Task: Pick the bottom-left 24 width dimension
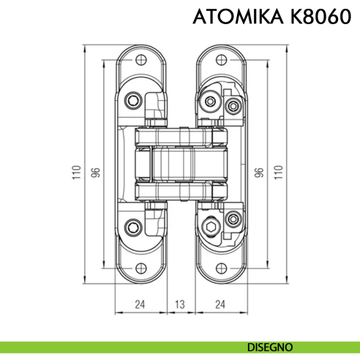click(141, 304)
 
